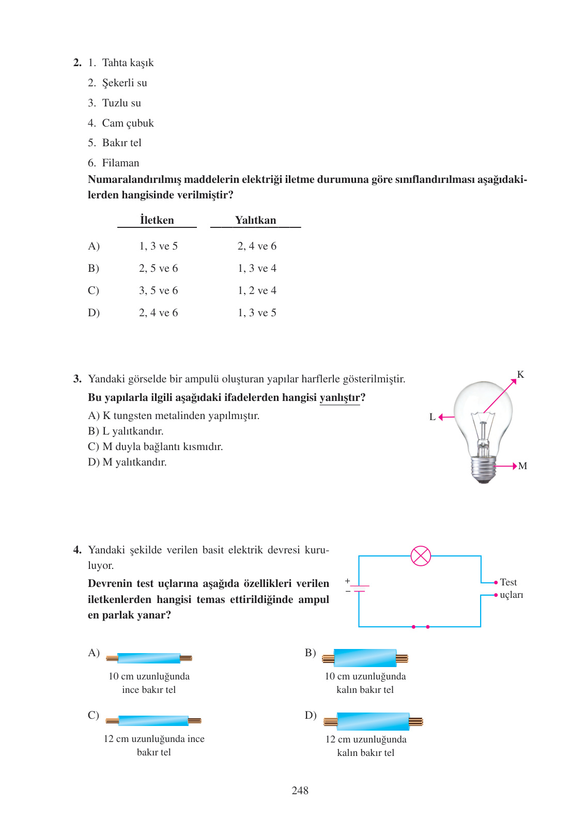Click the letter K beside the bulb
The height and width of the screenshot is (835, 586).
click(520, 375)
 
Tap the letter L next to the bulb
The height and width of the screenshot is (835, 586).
click(433, 417)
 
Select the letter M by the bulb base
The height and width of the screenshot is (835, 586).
click(522, 466)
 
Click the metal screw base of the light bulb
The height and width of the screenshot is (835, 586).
click(483, 467)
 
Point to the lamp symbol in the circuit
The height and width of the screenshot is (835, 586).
click(421, 556)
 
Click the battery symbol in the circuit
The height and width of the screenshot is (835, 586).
click(359, 589)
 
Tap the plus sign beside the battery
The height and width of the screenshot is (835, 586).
click(348, 581)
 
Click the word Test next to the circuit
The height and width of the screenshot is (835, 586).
click(508, 582)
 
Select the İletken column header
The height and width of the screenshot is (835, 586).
click(157, 220)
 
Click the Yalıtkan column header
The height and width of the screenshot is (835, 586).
click(255, 220)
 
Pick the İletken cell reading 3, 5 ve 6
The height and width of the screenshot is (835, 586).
click(158, 291)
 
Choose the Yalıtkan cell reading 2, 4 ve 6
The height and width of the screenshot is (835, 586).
click(257, 246)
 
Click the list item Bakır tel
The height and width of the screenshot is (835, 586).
click(121, 143)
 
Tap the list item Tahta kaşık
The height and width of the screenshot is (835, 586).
click(128, 63)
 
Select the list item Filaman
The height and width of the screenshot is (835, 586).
click(120, 163)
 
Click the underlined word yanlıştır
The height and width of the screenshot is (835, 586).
click(340, 398)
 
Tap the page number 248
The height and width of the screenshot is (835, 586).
click(300, 791)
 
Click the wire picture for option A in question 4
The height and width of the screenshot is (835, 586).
click(149, 658)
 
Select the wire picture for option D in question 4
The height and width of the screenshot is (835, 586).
click(373, 721)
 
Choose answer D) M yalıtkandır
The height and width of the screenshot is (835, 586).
click(127, 462)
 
